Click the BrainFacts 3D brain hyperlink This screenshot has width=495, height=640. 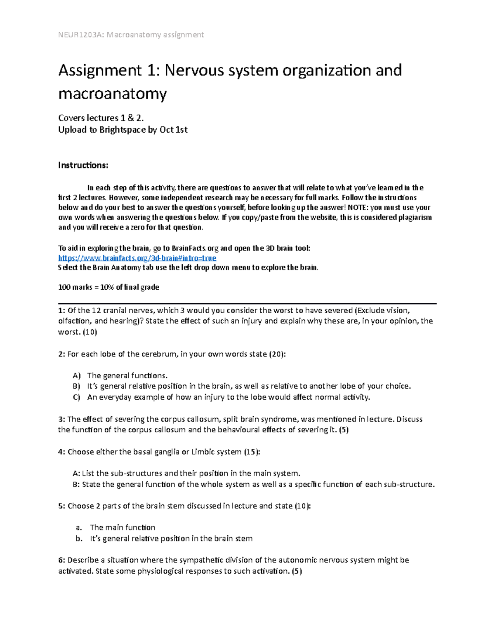pos(137,258)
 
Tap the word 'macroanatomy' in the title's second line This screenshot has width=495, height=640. pos(113,94)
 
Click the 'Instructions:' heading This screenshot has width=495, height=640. pos(83,166)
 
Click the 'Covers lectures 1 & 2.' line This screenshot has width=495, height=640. pos(101,118)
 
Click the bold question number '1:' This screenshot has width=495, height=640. pos(61,311)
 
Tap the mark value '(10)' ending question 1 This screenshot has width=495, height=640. pos(90,332)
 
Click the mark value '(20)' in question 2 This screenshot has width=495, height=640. pos(276,354)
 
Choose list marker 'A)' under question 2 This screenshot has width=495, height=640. pos(77,376)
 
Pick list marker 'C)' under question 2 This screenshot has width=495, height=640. pos(76,398)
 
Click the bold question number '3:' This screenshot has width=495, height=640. pos(61,420)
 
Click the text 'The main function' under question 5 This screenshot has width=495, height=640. pos(123,527)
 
